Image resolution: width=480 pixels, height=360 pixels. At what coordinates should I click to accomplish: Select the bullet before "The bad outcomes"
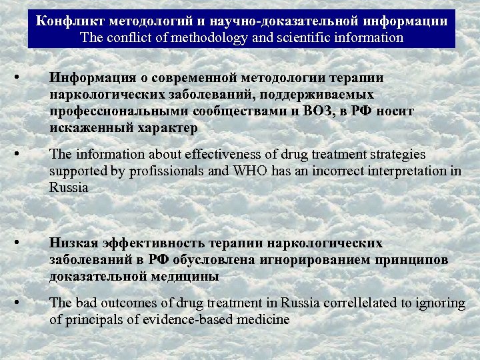24,301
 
